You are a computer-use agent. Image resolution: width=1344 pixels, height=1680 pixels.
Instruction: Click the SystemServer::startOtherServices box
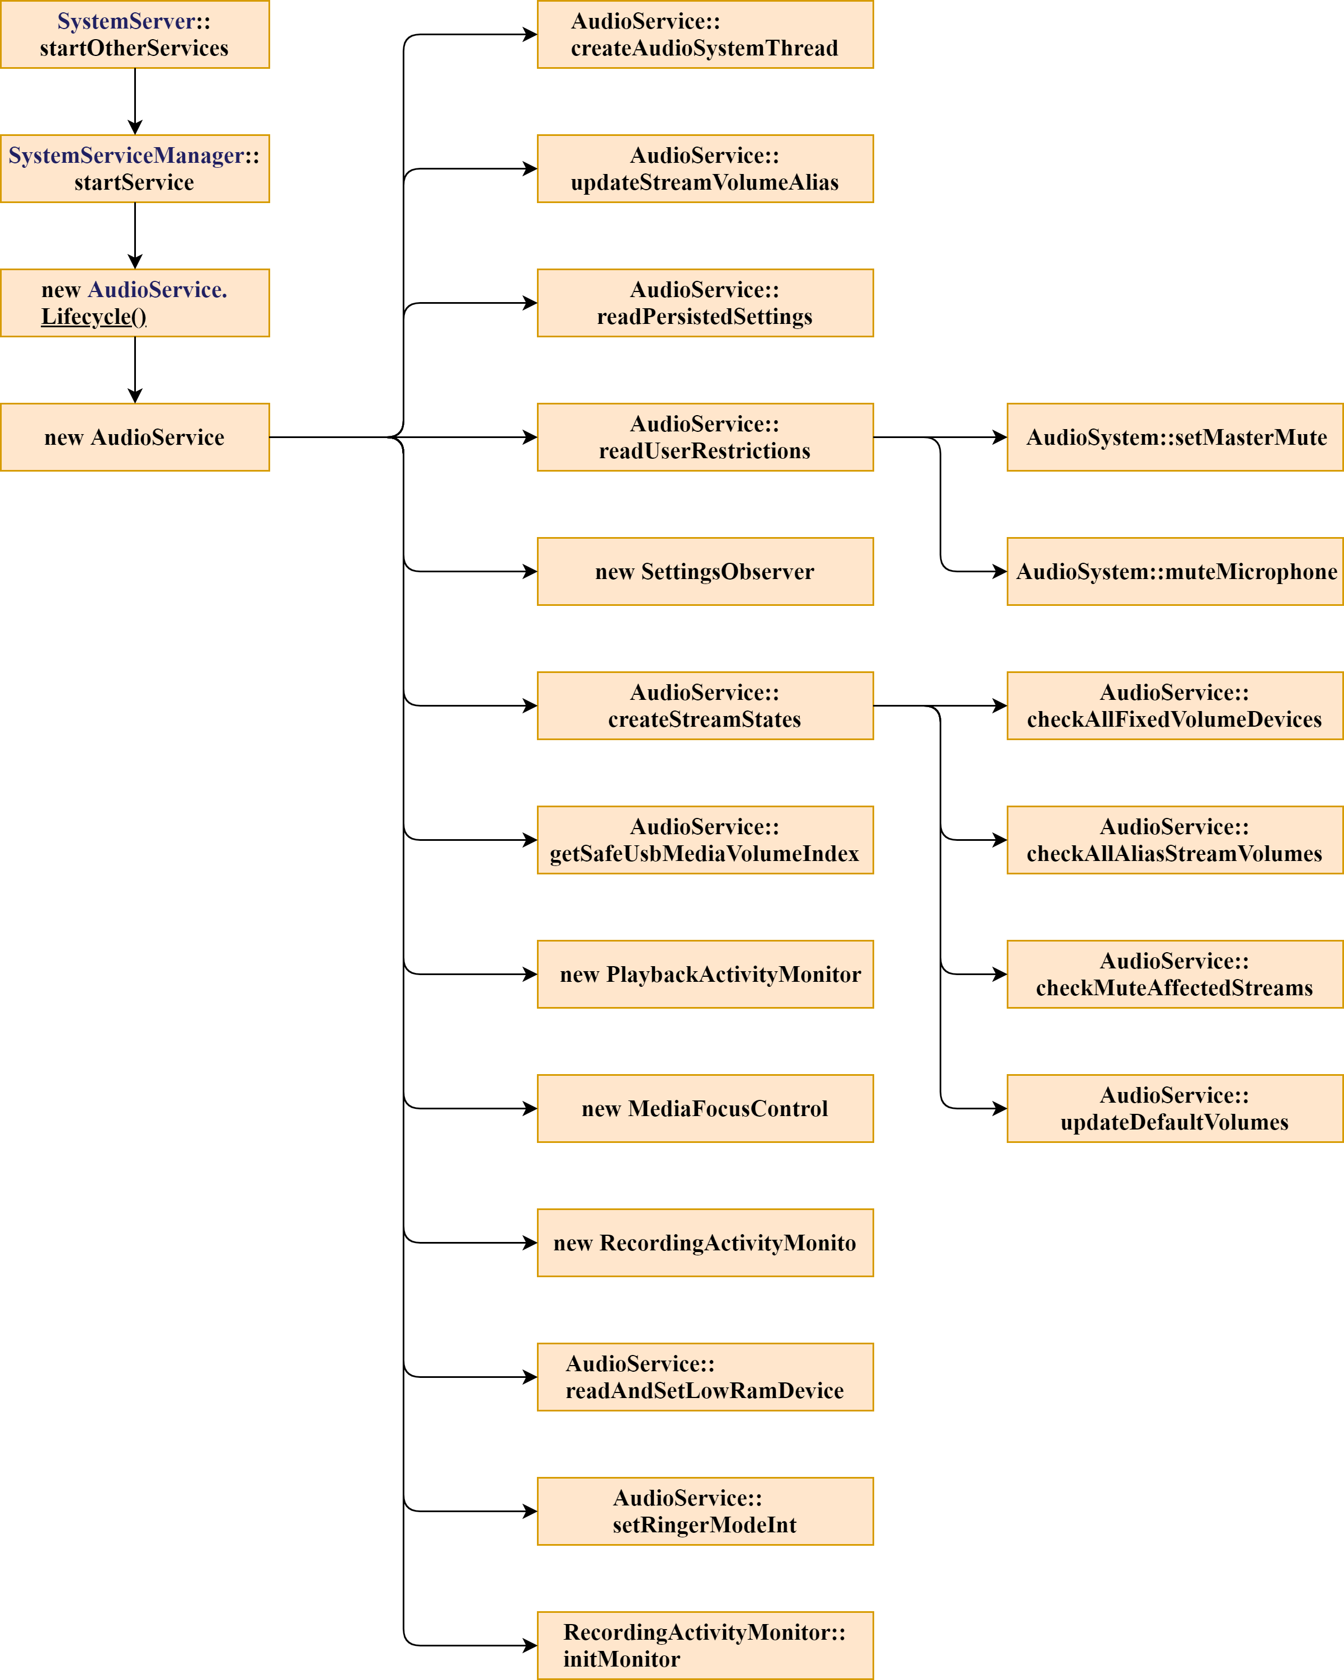(135, 34)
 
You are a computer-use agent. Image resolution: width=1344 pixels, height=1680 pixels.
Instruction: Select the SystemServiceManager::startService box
(135, 168)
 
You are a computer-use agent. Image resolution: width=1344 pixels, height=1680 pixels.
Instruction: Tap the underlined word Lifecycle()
(93, 317)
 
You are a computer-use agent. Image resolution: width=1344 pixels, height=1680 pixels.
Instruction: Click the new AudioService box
(135, 437)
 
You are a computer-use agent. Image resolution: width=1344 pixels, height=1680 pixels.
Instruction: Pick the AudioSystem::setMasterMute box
(1175, 437)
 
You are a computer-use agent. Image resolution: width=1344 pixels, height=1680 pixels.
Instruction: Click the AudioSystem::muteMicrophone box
(1175, 571)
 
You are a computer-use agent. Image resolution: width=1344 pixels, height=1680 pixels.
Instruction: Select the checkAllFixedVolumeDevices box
(1175, 705)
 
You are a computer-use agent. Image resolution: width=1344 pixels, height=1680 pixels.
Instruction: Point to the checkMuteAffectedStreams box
(1175, 974)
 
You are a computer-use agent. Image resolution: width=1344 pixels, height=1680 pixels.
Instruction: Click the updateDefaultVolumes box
(1175, 1108)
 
